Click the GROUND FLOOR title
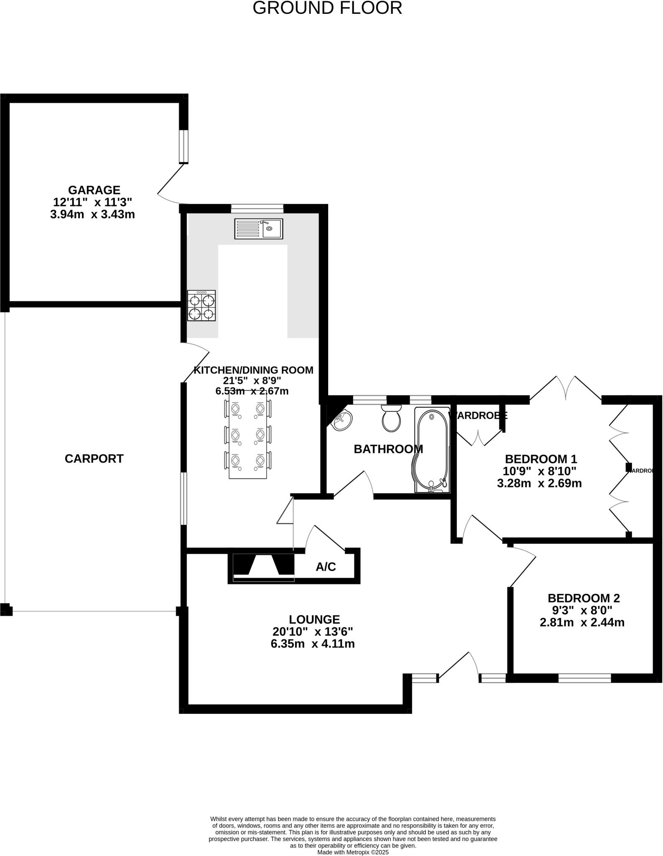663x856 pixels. pos(327,8)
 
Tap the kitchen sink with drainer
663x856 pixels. pos(258,229)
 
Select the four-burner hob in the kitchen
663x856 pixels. pos(201,306)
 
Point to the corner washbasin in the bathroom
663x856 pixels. pos(342,420)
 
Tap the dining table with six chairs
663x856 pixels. pos(248,435)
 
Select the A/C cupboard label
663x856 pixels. pos(326,567)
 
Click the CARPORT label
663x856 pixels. pos(94,459)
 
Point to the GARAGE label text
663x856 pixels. pos(94,190)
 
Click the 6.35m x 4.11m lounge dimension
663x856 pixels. pos(313,644)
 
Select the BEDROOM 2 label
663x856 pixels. pos(584,598)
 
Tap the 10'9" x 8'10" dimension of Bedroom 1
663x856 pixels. pos(539,471)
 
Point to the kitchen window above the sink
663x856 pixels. pos(257,208)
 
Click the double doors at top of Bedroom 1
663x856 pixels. pos(566,389)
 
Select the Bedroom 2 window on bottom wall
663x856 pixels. pos(584,678)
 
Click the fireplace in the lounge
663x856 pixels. pos(263,567)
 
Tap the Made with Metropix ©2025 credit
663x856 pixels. pos(353,852)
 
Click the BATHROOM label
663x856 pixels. pos(388,449)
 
